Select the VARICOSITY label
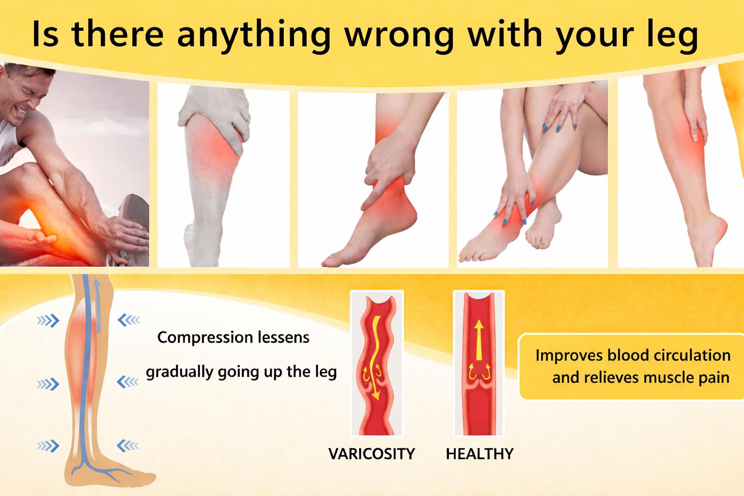click(x=372, y=454)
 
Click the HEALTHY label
click(x=480, y=454)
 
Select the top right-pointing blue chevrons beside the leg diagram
click(x=48, y=320)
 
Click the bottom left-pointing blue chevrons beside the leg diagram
click(x=128, y=445)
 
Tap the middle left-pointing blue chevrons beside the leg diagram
click(x=128, y=382)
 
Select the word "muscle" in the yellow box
click(x=665, y=377)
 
